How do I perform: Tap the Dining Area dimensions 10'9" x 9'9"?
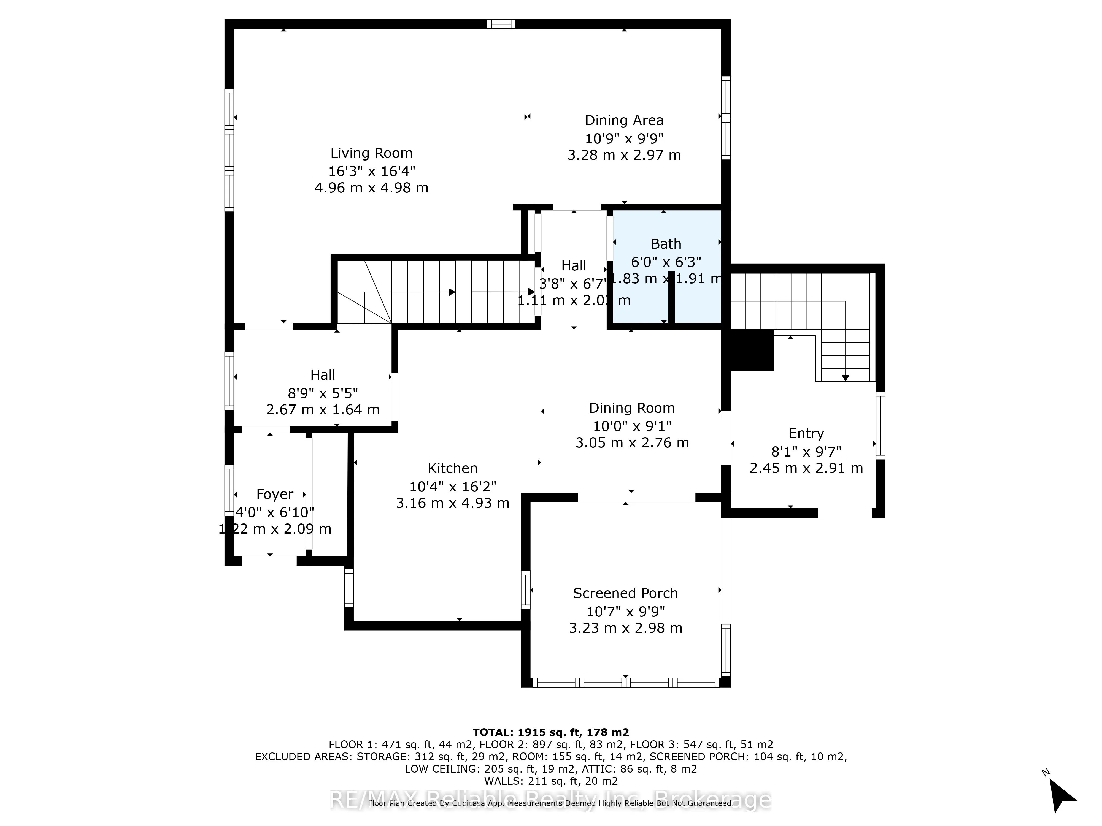[x=624, y=138]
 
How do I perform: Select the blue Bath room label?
[x=666, y=244]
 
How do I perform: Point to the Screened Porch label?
[x=625, y=594]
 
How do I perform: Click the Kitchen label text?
[x=452, y=469]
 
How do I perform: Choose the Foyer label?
[x=274, y=494]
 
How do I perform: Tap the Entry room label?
[x=806, y=434]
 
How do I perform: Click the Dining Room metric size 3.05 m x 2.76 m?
[x=632, y=443]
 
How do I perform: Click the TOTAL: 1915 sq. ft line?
[x=550, y=732]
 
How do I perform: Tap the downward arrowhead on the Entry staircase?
[x=846, y=378]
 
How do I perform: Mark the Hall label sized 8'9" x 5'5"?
[x=323, y=375]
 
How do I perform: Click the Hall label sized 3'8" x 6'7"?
[x=573, y=266]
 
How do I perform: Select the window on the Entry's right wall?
[x=880, y=426]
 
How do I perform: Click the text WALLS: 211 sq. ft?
[x=550, y=781]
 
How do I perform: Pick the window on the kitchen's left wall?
[x=349, y=588]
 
